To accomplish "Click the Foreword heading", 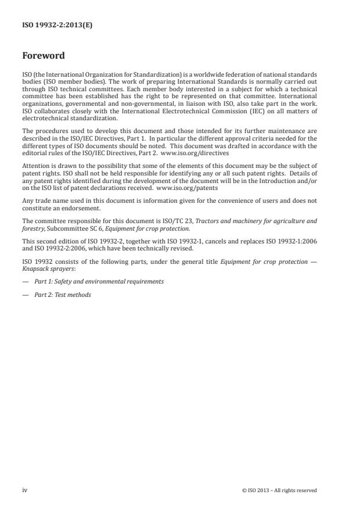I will [43, 56].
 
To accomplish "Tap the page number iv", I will [25, 490].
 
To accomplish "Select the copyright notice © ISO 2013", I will [279, 490].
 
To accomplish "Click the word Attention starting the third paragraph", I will [35, 166].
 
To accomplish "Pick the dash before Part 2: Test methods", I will [25, 295].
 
